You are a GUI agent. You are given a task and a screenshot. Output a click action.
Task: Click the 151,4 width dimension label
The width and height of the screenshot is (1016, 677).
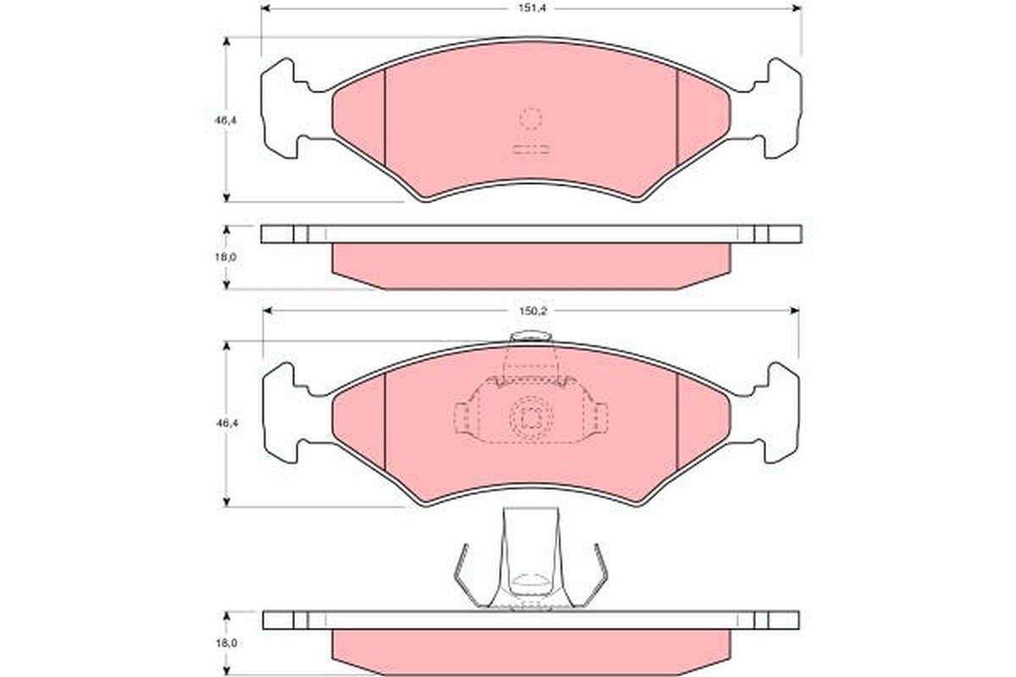click(532, 8)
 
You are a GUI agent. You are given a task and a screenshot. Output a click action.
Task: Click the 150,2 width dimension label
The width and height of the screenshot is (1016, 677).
click(532, 311)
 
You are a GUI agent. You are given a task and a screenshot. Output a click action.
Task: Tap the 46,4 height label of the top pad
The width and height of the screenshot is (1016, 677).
click(225, 121)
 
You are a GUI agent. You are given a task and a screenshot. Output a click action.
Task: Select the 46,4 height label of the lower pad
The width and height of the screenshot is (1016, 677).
click(227, 423)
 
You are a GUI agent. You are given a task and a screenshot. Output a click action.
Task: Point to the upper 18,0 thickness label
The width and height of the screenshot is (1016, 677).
click(225, 257)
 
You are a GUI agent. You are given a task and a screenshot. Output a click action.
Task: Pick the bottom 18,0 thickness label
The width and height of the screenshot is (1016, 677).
click(226, 643)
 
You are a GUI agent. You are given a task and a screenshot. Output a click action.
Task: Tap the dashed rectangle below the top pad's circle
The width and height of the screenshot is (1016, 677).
click(531, 150)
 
